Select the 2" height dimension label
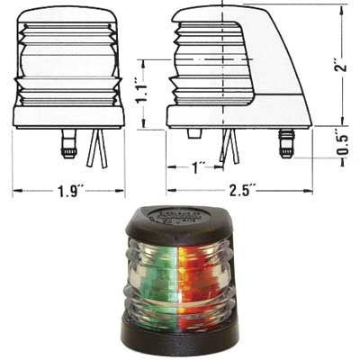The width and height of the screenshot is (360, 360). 337,65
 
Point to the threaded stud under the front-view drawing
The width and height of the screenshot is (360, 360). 68,143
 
